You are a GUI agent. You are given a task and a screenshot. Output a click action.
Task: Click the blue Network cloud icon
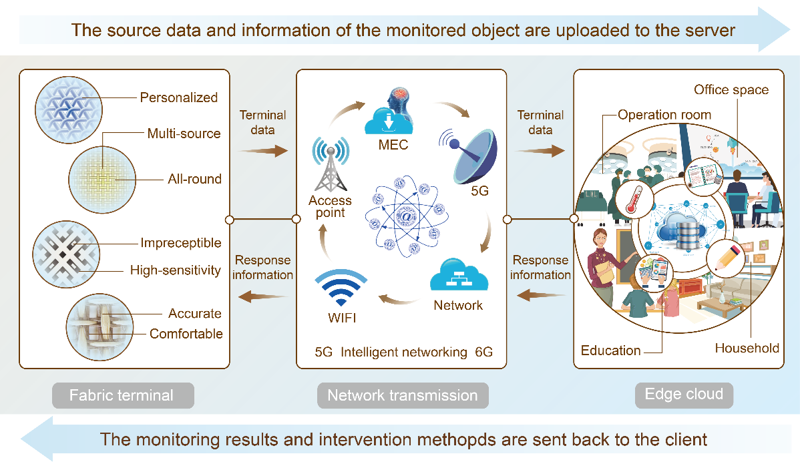[457, 275]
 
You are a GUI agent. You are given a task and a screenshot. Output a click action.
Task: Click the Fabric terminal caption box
[122, 395]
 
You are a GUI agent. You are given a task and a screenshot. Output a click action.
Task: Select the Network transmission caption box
[402, 395]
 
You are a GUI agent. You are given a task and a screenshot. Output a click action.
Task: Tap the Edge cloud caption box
[683, 394]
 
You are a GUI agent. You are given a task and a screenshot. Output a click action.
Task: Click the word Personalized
[178, 97]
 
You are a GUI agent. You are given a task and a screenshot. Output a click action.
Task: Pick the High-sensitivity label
[175, 270]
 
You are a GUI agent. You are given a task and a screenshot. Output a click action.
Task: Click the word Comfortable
[186, 334]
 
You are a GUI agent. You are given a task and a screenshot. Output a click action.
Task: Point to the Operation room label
[664, 115]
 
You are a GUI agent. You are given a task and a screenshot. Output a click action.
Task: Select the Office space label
[731, 90]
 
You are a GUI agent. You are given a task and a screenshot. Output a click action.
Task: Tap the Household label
[747, 348]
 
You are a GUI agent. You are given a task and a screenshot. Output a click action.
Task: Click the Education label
[610, 351]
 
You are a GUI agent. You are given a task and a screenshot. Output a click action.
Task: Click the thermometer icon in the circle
[628, 201]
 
